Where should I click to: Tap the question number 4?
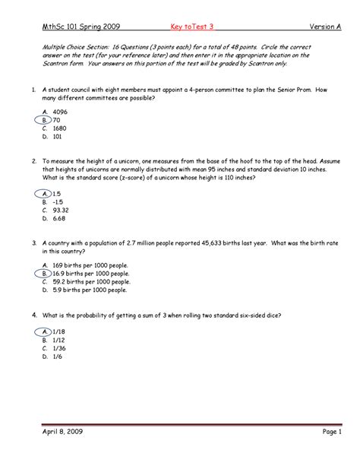click(x=34, y=314)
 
